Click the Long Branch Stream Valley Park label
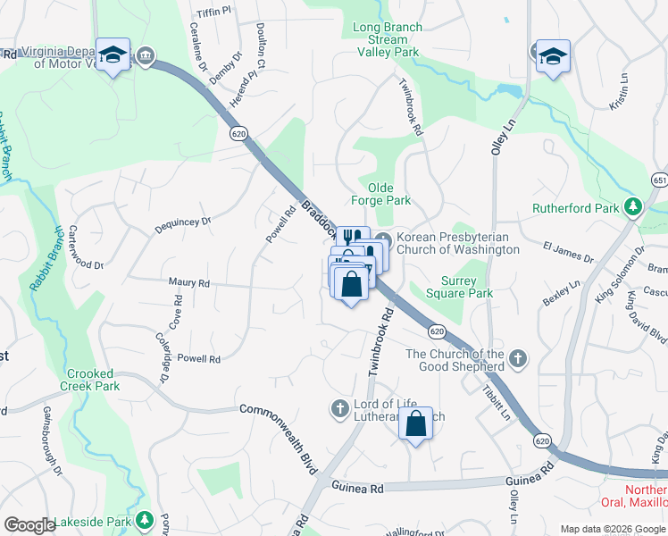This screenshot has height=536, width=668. (387, 40)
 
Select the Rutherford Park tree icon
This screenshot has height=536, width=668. (633, 208)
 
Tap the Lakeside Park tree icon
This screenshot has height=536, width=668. (144, 521)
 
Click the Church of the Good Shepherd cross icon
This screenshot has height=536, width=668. (516, 361)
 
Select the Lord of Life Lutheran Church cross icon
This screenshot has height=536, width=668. (339, 408)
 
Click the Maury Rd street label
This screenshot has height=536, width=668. (188, 282)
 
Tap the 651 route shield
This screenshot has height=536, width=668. (659, 180)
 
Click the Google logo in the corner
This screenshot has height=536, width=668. (29, 524)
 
